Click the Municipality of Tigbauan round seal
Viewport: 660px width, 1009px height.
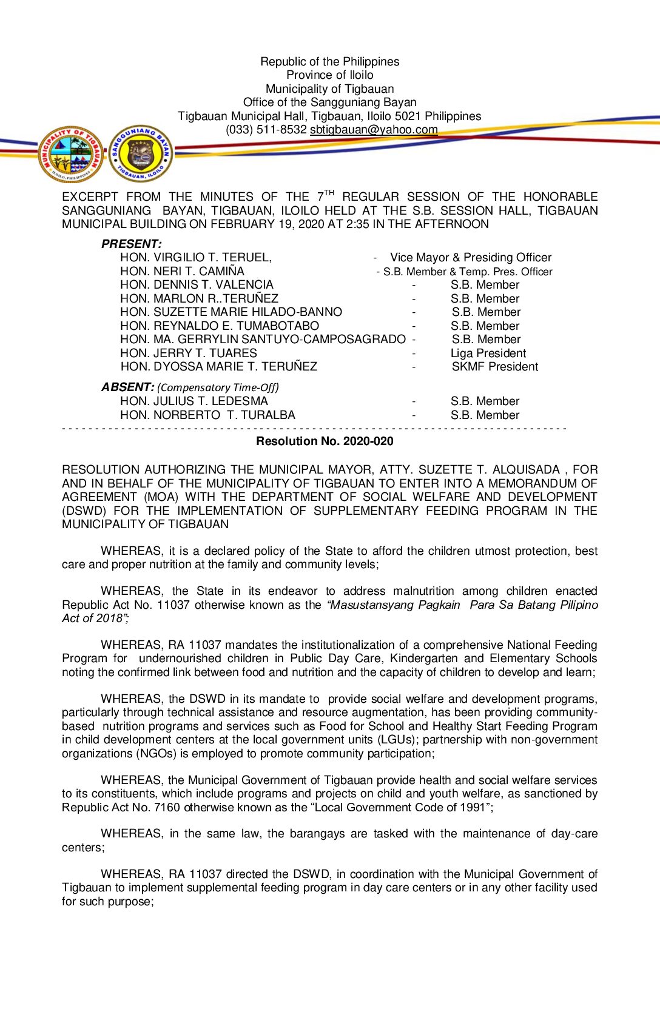coord(71,154)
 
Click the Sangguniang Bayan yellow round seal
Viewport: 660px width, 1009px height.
coord(141,154)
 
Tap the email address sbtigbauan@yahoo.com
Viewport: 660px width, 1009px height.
coord(374,130)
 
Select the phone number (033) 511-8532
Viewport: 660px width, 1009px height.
coord(266,130)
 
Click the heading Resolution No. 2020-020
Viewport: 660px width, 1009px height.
coord(325,441)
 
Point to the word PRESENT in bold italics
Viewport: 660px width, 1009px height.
coord(131,244)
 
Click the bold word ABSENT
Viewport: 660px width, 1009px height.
coord(127,387)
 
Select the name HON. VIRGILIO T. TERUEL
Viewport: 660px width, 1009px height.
coord(195,258)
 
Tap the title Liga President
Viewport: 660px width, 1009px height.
coord(488,354)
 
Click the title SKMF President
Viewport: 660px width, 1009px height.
coord(494,367)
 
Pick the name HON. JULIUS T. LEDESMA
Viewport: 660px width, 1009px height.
coord(194,401)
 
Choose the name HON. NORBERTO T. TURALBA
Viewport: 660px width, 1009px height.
coord(207,415)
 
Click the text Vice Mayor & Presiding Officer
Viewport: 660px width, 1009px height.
coord(471,258)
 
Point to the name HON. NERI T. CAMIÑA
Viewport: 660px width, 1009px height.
coord(182,272)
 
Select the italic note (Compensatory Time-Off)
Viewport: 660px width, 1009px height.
coord(218,387)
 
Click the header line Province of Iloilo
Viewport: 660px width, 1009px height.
coord(330,75)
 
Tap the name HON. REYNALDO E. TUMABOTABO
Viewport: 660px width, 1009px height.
coord(219,326)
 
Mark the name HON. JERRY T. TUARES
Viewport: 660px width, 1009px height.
coord(188,354)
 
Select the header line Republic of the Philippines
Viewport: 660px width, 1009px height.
coord(330,62)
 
